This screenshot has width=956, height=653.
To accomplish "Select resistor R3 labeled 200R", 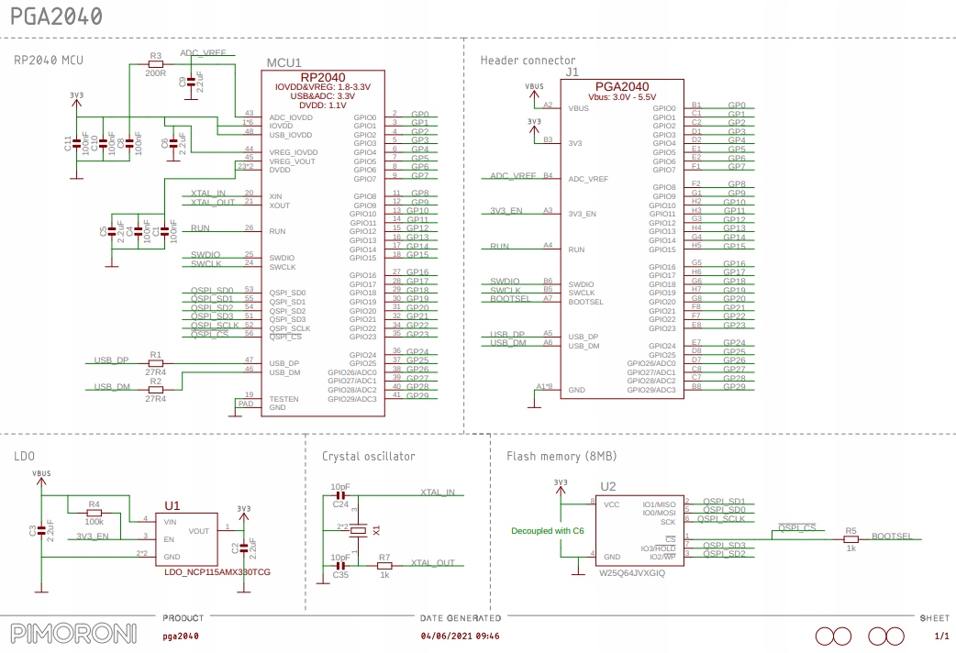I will (x=155, y=63).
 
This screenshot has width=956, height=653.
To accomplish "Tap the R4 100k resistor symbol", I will (x=94, y=513).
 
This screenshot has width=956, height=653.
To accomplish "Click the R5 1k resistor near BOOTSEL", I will (x=850, y=539).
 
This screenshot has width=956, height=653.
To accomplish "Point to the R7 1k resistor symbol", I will (x=384, y=566).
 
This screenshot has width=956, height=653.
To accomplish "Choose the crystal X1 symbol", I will (x=362, y=530).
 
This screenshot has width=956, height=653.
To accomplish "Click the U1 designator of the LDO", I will (x=172, y=504).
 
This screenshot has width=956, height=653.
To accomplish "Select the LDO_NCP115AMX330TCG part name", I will (x=217, y=571).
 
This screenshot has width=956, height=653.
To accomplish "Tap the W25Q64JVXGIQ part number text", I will (x=631, y=572).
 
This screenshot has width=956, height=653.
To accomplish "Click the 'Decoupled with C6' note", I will (x=548, y=530).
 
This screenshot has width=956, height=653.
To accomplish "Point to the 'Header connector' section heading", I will (x=528, y=61).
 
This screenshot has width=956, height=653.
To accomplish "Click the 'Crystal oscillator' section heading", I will (x=368, y=456).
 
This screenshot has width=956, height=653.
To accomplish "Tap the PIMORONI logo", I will (x=72, y=634).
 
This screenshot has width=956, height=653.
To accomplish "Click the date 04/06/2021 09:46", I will (x=460, y=635).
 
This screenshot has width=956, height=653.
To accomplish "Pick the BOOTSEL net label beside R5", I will (x=892, y=535).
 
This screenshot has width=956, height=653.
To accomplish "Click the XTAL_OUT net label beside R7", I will (x=433, y=562).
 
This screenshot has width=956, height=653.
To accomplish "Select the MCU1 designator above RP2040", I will (x=283, y=62).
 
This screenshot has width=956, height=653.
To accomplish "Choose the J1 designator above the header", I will (x=572, y=71).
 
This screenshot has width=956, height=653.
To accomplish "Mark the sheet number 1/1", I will (x=940, y=635).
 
